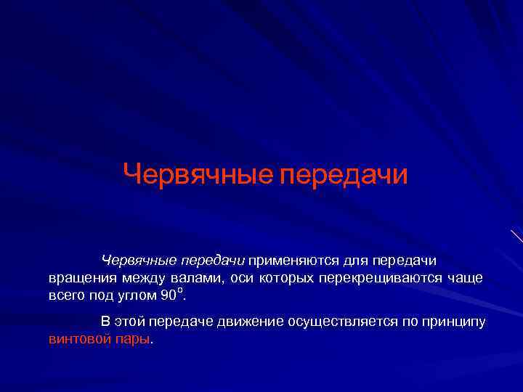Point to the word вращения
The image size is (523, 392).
tap(78, 278)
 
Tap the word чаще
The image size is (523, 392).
tap(465, 278)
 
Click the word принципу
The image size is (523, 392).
tap(453, 322)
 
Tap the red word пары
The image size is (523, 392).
tap(131, 339)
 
